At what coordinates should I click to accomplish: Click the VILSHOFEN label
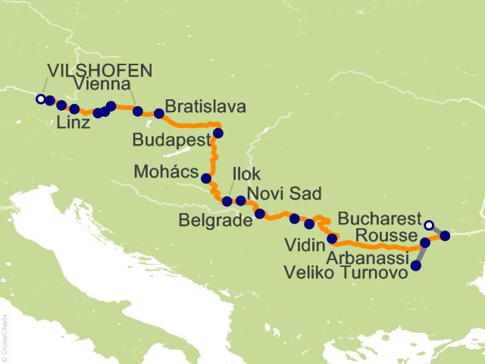pos(100,71)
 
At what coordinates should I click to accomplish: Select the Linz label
pos(74,124)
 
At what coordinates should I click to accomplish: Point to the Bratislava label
pos(205,107)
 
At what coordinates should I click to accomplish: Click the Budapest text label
pos(171,140)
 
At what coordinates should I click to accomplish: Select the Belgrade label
pos(214,221)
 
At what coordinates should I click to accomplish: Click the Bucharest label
pos(378,219)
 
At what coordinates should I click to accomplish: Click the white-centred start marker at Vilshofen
pos(40,99)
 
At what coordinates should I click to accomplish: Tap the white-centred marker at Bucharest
pos(429,224)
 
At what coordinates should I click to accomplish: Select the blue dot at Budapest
pos(218,133)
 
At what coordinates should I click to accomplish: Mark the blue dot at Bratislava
pos(159,114)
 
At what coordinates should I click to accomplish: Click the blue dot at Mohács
pos(205,178)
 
